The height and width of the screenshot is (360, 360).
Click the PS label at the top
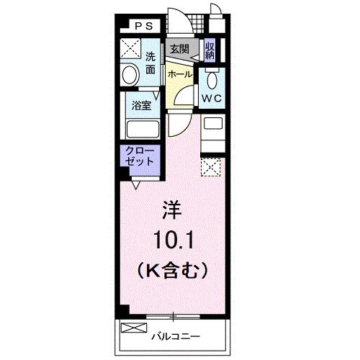[145, 27]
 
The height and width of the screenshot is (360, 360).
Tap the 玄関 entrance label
[179, 49]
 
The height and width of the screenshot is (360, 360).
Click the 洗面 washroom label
[150, 63]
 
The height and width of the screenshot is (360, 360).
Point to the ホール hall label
[179, 73]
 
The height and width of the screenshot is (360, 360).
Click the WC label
[210, 99]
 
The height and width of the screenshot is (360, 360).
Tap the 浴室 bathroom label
[140, 105]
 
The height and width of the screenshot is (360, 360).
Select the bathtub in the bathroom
[143, 130]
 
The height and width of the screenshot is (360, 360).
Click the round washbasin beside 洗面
[130, 74]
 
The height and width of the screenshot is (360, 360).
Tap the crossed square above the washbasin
[130, 49]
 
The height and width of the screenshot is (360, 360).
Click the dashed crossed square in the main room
[211, 168]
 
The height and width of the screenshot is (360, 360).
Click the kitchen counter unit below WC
[212, 132]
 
